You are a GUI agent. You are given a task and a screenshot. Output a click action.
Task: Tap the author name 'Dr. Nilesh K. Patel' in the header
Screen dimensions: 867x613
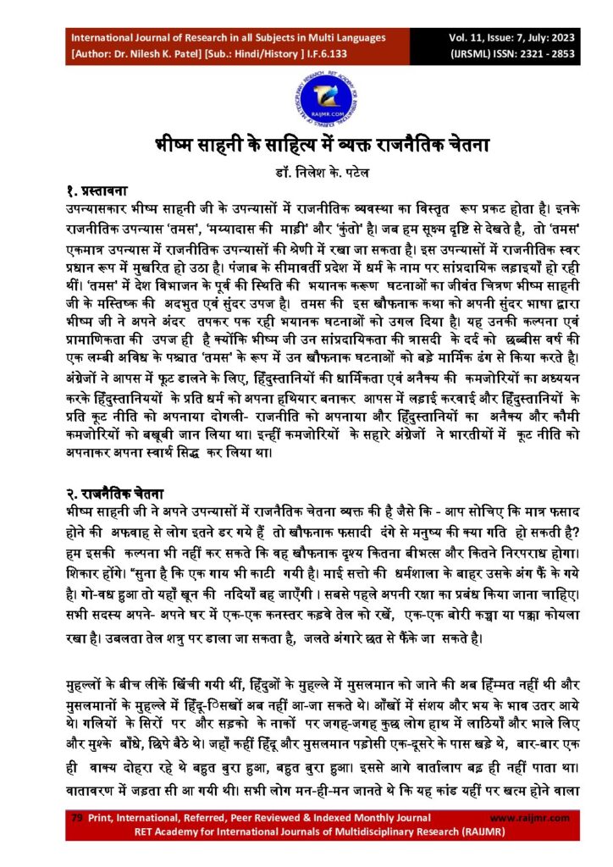(x=160, y=54)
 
